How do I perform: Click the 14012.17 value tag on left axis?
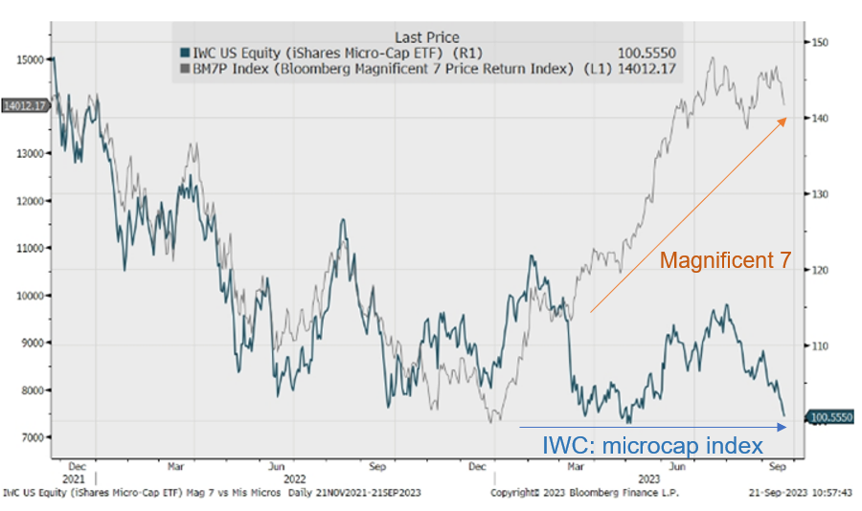(x=24, y=105)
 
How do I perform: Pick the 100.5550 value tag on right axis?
(x=830, y=417)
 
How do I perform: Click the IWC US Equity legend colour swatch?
(x=183, y=54)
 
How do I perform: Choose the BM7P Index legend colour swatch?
(x=183, y=69)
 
